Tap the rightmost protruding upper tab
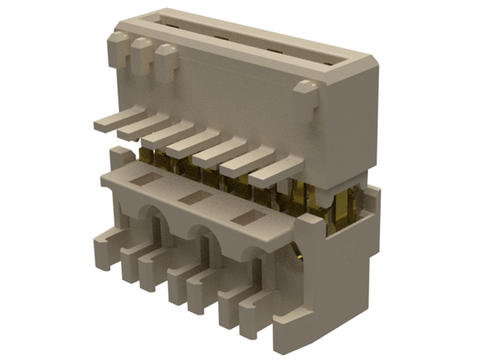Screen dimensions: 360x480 tap(274, 169)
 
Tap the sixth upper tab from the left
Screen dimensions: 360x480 tap(246, 160)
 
